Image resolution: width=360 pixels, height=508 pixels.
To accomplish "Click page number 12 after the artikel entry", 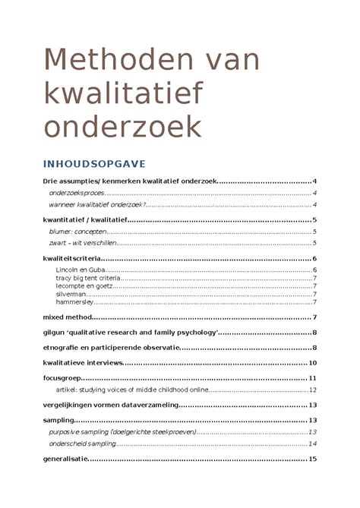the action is click(312, 389).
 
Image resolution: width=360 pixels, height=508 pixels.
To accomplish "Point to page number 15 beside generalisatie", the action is click(312, 459).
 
